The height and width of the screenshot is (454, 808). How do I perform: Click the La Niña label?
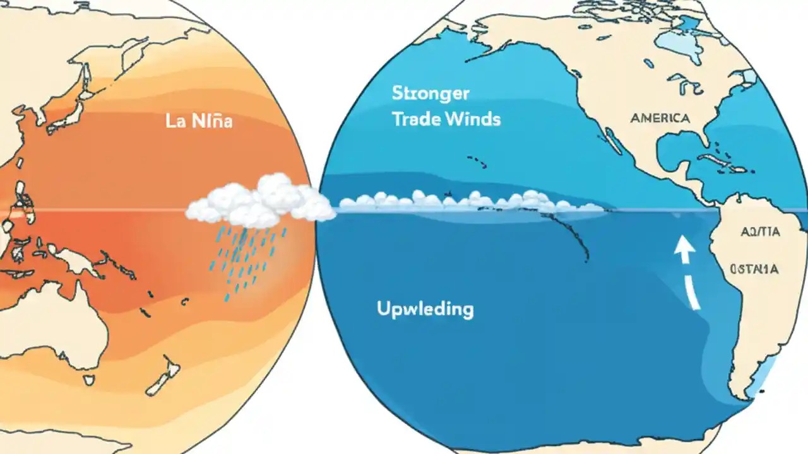tap(199, 121)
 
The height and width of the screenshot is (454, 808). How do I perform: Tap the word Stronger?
tap(431, 93)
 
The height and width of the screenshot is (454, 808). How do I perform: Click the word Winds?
tap(475, 119)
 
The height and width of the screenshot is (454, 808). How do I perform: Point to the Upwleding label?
tap(425, 309)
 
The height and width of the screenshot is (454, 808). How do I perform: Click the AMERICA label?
tap(659, 118)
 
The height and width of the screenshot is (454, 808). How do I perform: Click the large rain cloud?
tap(260, 202)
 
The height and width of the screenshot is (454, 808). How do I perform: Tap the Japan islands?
tap(73, 101)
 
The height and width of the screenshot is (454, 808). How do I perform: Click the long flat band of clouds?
tap(467, 201)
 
